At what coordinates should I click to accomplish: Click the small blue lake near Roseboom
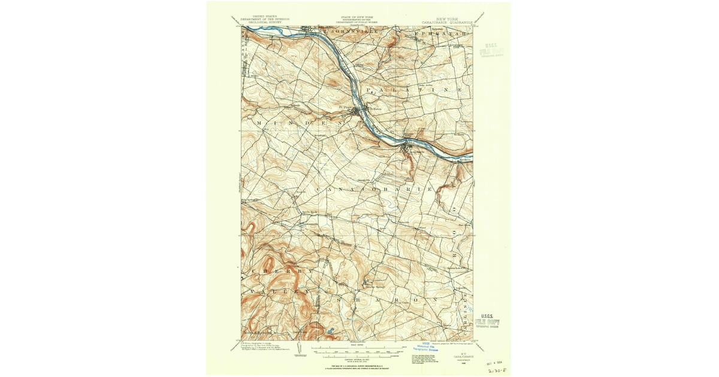point(328,330)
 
